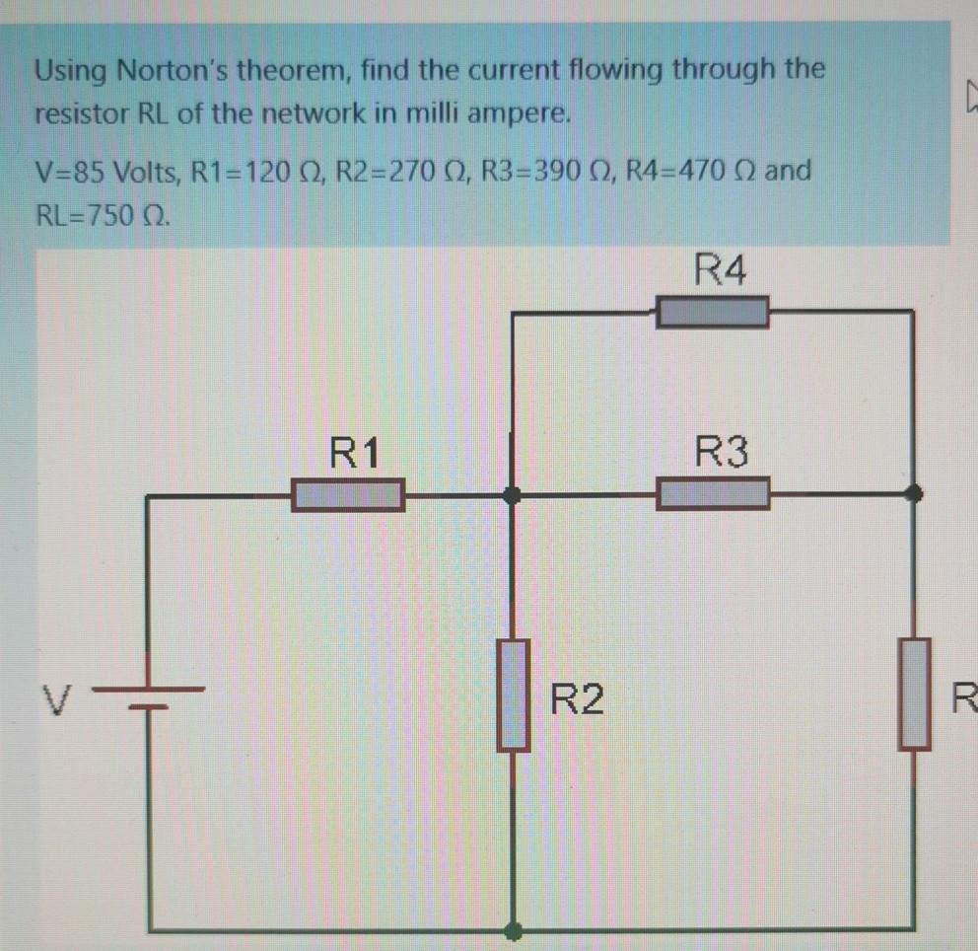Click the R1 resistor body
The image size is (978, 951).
click(347, 494)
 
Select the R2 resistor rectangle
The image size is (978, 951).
click(513, 694)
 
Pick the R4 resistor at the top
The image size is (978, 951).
click(712, 313)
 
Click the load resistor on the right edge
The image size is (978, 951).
click(914, 694)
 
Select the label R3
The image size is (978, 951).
click(723, 454)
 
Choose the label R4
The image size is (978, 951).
click(721, 268)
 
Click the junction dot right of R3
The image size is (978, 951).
click(915, 492)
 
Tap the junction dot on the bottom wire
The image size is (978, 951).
click(513, 929)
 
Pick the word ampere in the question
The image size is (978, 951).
click(522, 113)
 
